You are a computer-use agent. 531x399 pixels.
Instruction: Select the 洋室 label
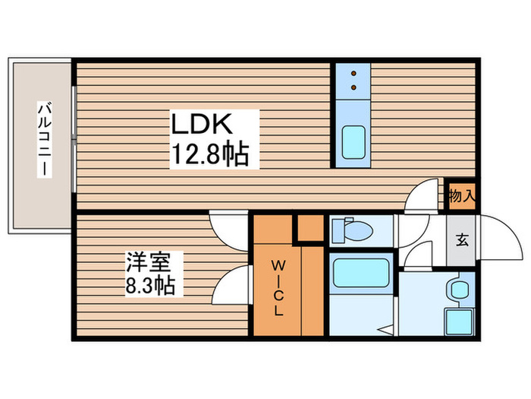(x=152, y=263)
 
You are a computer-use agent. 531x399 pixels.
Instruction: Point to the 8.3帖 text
(x=151, y=287)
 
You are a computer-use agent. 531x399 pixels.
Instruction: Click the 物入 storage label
(x=461, y=196)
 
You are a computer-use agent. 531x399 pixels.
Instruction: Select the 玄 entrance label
(x=461, y=240)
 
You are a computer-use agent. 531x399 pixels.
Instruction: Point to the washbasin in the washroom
(x=459, y=289)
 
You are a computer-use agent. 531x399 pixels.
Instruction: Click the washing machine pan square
(x=459, y=320)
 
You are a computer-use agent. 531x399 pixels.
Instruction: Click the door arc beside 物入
(x=425, y=195)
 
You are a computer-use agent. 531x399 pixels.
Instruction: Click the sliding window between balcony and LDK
(x=74, y=137)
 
